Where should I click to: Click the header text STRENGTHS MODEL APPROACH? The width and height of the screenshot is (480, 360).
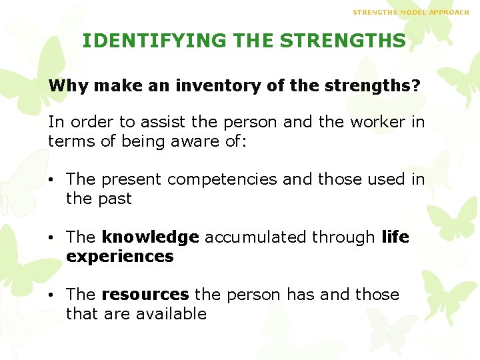[x=411, y=13]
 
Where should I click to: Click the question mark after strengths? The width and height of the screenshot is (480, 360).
[x=416, y=86]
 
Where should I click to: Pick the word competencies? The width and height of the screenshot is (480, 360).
[x=222, y=179]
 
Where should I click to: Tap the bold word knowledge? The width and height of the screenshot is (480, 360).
[x=150, y=237]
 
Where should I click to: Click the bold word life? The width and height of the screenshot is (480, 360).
[x=395, y=237]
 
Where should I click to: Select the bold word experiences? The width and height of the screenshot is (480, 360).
[x=120, y=257]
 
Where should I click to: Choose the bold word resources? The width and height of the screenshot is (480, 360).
[x=145, y=295]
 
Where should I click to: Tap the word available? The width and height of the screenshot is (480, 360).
[x=171, y=314]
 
